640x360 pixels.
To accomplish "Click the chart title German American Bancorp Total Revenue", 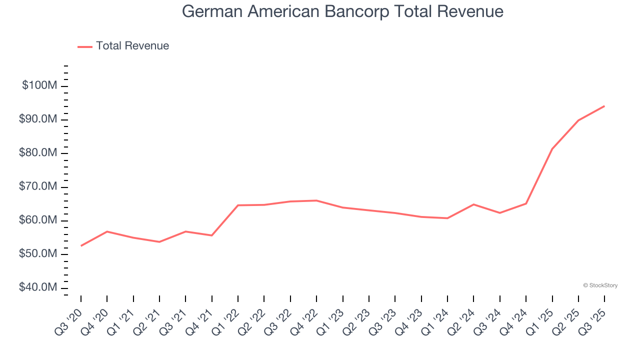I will pyautogui.click(x=342, y=11).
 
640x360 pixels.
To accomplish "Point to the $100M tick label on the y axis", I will pyautogui.click(x=39, y=85).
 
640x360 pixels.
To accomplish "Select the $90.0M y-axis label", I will pyautogui.click(x=38, y=119).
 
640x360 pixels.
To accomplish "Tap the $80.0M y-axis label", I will pyautogui.click(x=38, y=153).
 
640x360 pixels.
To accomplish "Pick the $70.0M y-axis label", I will pyautogui.click(x=38, y=187).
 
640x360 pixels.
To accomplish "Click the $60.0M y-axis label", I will pyautogui.click(x=38, y=220).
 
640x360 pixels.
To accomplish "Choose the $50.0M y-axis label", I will pyautogui.click(x=38, y=254).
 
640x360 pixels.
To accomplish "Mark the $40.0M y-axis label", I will pyautogui.click(x=38, y=288).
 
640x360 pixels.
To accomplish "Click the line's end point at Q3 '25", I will pyautogui.click(x=604, y=106).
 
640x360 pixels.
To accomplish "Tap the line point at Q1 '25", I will pyautogui.click(x=552, y=149).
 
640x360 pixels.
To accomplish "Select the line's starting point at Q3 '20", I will pyautogui.click(x=81, y=245).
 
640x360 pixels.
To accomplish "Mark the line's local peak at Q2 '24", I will pyautogui.click(x=473, y=204).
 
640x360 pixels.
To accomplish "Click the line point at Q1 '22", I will pyautogui.click(x=238, y=205).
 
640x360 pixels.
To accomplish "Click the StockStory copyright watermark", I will pyautogui.click(x=600, y=285).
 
